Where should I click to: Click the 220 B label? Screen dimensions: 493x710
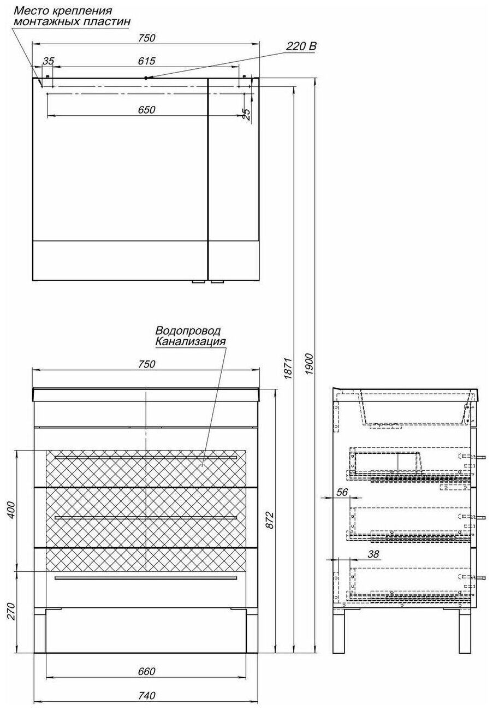click(301, 48)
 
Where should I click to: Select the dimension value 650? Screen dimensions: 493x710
click(147, 110)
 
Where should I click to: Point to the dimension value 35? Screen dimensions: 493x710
click(49, 61)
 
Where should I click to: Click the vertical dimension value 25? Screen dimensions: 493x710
click(246, 113)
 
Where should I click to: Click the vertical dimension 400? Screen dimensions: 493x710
click(13, 510)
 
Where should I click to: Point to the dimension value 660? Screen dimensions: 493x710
click(147, 671)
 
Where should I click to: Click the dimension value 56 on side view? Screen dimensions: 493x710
click(342, 492)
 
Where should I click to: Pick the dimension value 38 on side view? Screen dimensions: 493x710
click(373, 554)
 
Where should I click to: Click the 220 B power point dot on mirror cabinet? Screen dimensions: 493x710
click(146, 78)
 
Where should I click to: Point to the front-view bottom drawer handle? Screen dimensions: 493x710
click(146, 577)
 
